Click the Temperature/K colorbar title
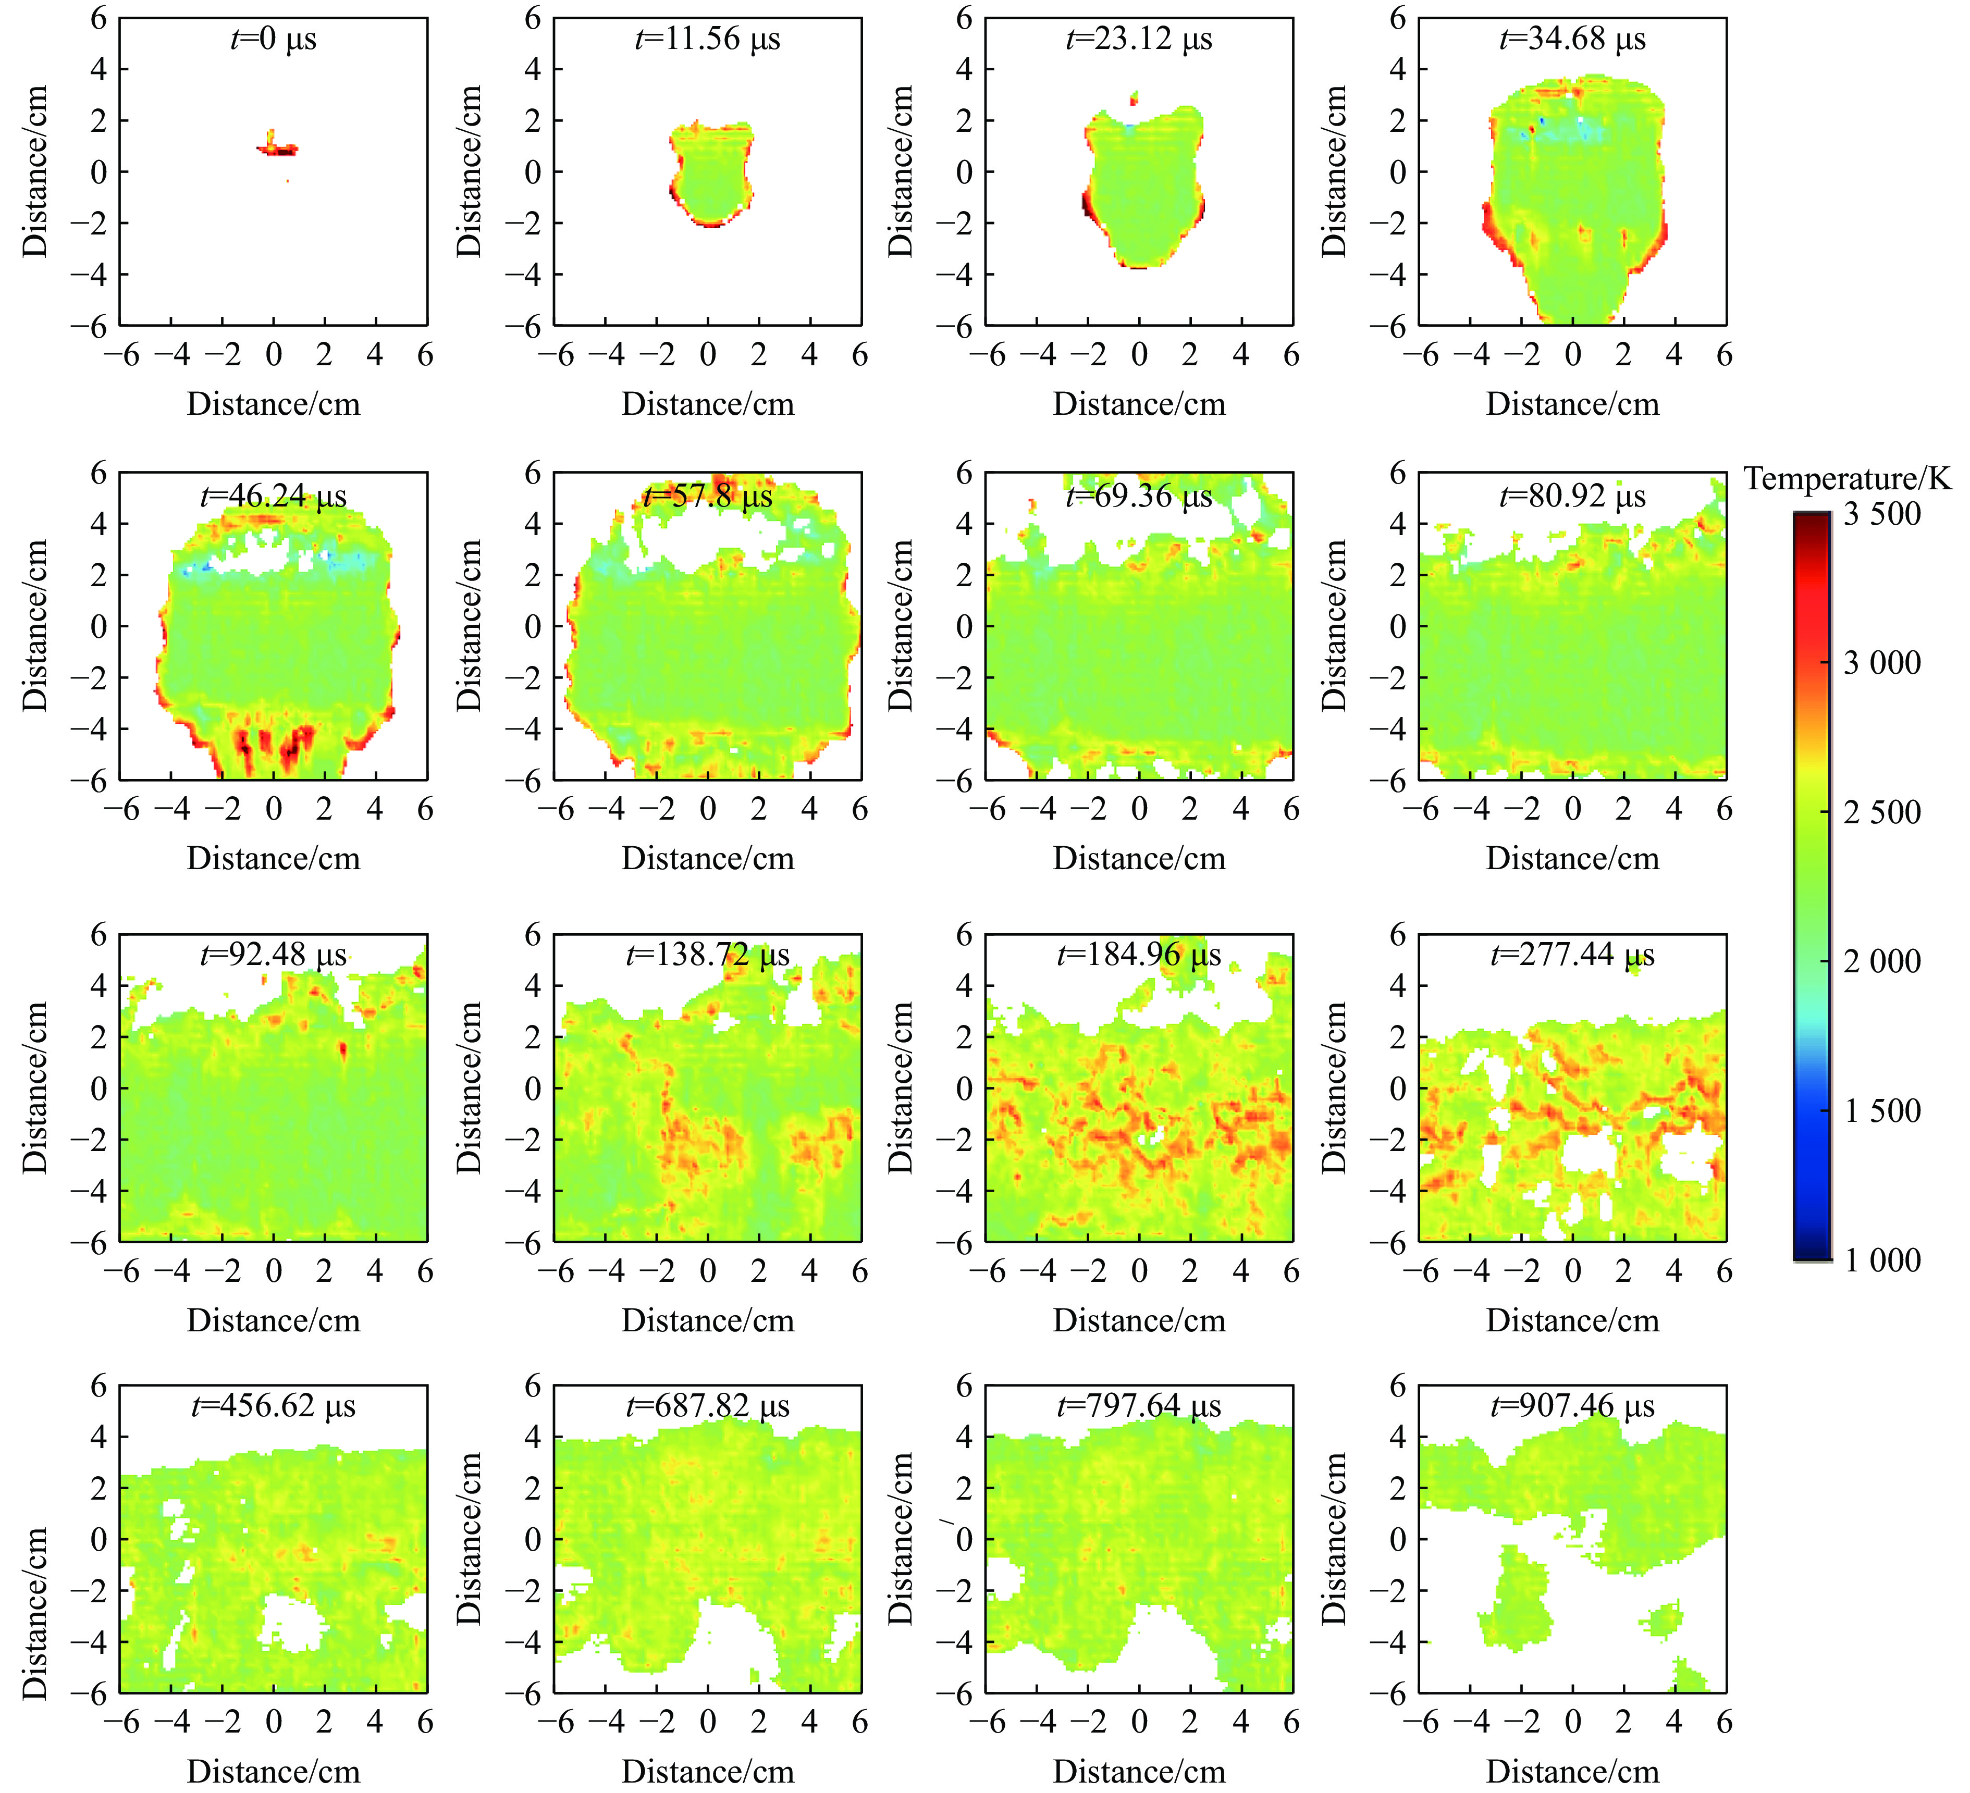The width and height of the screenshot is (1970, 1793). coord(1847,479)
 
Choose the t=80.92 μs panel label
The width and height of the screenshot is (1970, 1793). coord(1572,497)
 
